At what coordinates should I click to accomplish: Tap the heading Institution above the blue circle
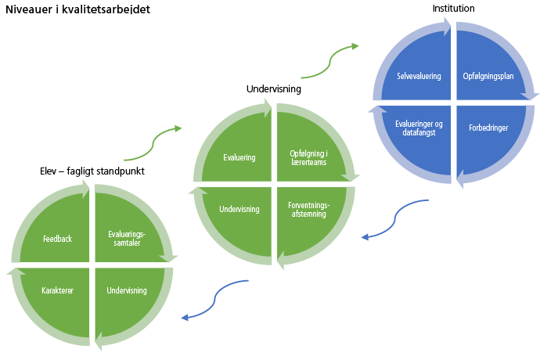(x=453, y=9)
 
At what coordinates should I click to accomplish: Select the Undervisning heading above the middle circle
(x=274, y=89)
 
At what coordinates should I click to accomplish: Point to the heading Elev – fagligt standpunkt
(x=92, y=170)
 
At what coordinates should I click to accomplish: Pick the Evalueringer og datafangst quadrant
(x=418, y=128)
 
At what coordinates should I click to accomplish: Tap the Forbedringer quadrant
(x=491, y=128)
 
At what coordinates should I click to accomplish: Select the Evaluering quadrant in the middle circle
(x=239, y=157)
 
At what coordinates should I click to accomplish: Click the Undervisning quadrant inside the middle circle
(x=239, y=210)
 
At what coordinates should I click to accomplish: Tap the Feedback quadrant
(x=57, y=238)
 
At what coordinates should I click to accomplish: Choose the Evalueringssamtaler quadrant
(x=127, y=238)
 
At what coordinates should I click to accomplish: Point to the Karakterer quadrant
(x=57, y=291)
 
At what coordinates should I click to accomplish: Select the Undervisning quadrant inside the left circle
(x=127, y=291)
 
